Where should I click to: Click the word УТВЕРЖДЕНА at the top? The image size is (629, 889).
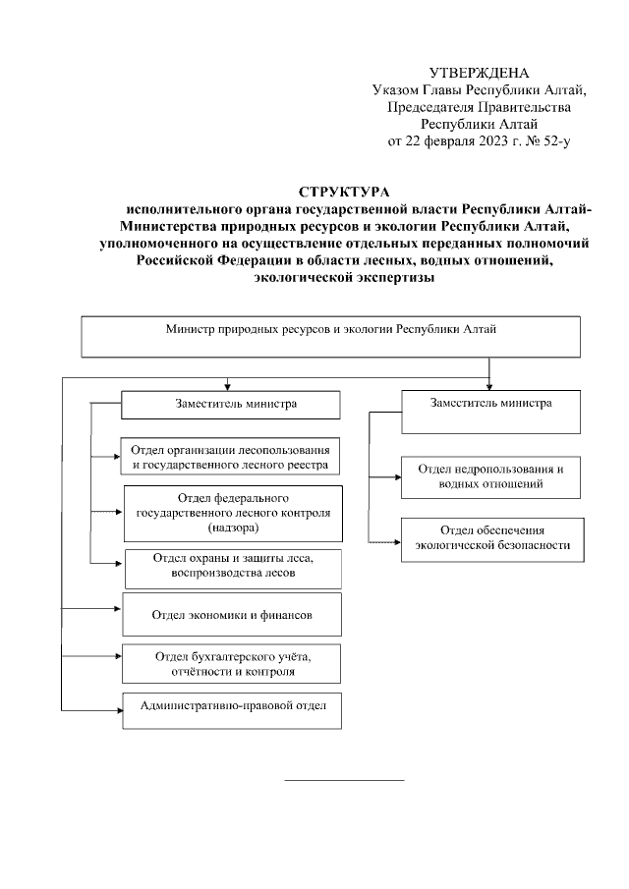pyautogui.click(x=480, y=74)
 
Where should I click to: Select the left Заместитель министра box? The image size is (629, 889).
pyautogui.click(x=231, y=405)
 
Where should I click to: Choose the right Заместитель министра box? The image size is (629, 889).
pyautogui.click(x=490, y=412)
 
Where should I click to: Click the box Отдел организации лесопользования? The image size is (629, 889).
pyautogui.click(x=231, y=458)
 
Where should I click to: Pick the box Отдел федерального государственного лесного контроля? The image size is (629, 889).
pyautogui.click(x=233, y=513)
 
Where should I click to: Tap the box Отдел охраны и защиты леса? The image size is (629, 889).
pyautogui.click(x=232, y=564)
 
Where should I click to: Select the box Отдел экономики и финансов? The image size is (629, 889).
pyautogui.click(x=232, y=615)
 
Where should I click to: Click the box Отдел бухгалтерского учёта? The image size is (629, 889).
pyautogui.click(x=232, y=664)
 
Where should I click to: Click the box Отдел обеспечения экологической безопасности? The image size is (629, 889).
pyautogui.click(x=490, y=537)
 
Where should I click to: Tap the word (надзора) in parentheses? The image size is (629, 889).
pyautogui.click(x=233, y=528)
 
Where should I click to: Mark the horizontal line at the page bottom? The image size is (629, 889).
pyautogui.click(x=344, y=781)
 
